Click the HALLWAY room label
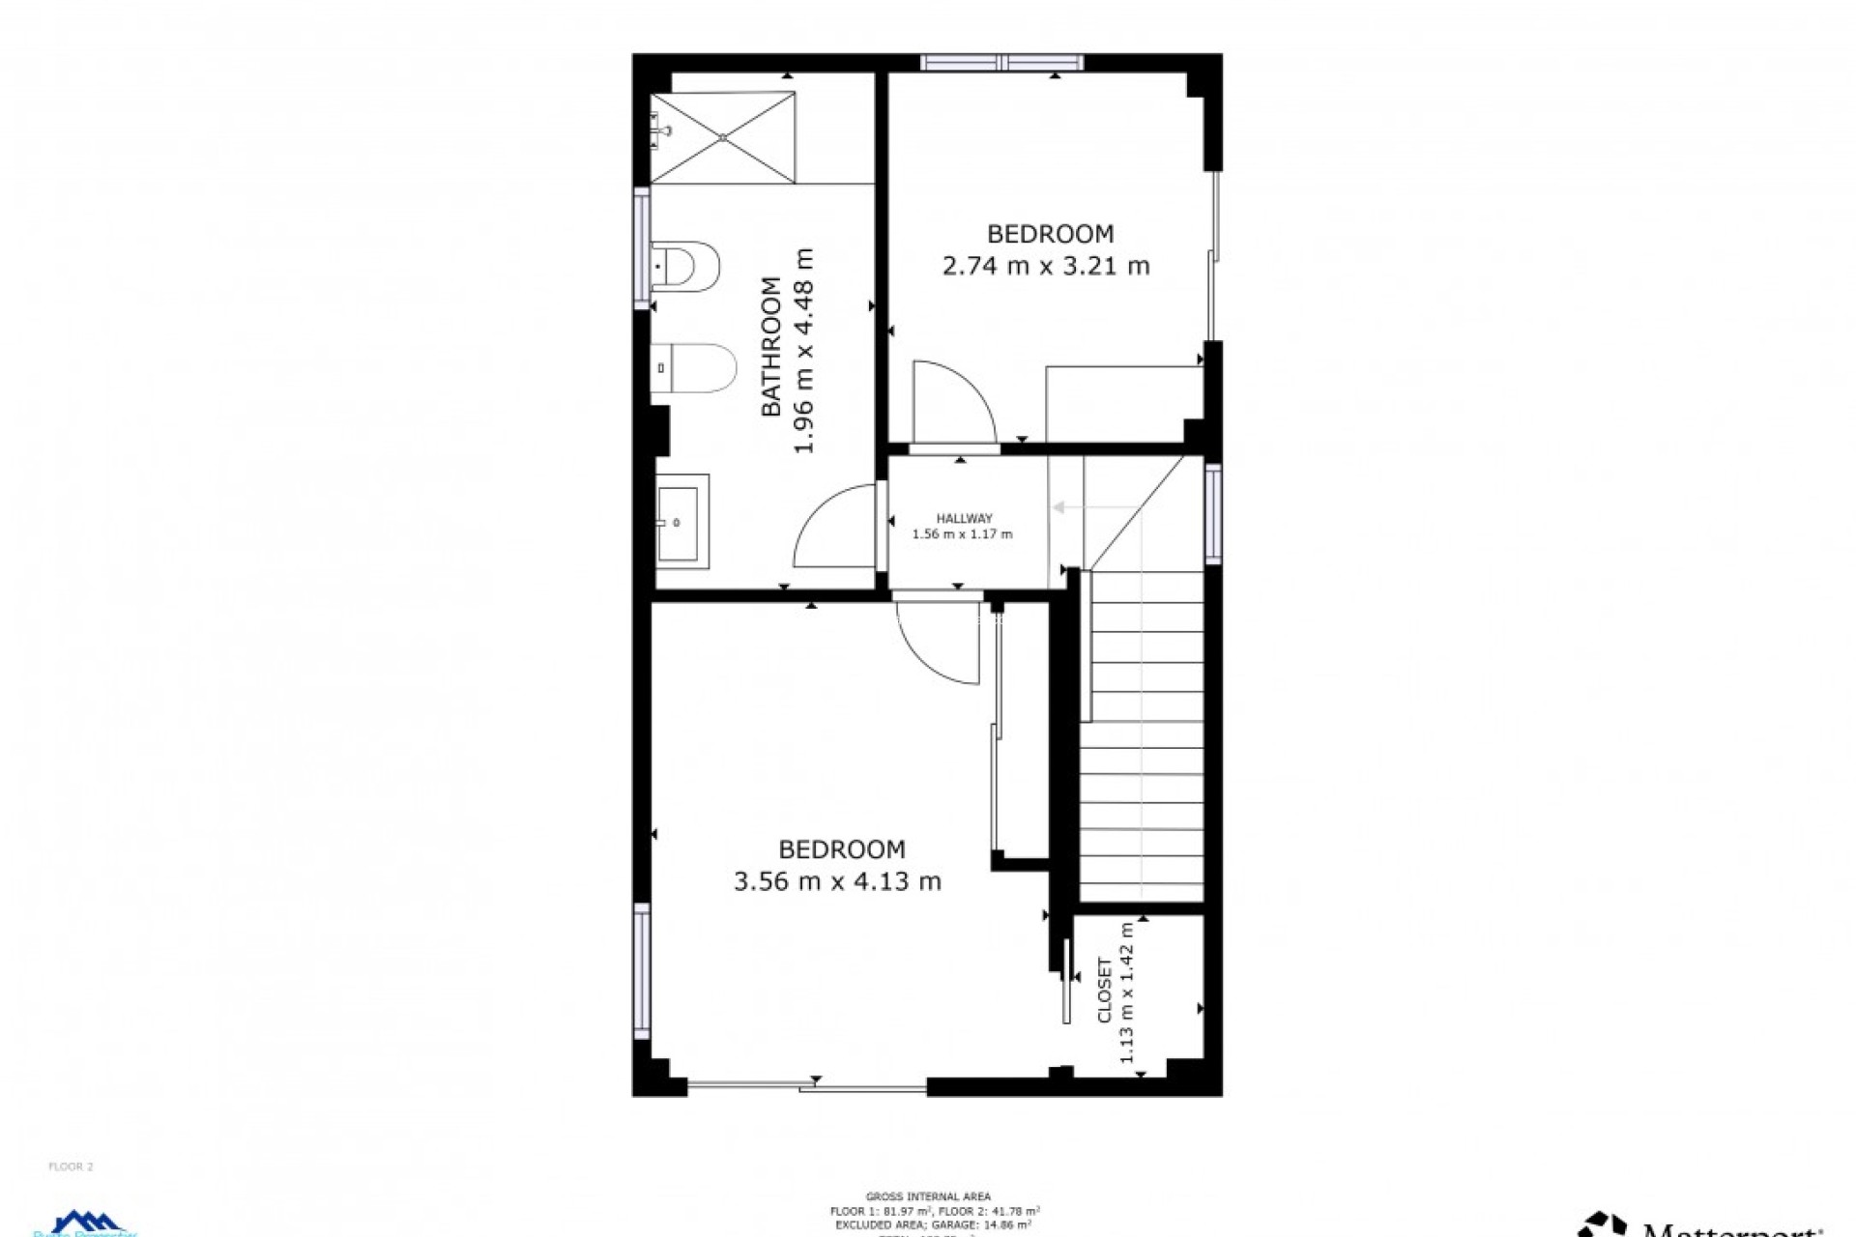(964, 519)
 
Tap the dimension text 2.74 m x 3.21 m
(1046, 266)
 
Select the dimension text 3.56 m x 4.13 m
(837, 881)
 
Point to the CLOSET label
(1105, 991)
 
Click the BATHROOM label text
(770, 347)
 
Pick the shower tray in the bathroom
(723, 137)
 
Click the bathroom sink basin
(682, 522)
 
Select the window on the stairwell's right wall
(1213, 513)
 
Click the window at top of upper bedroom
(1001, 63)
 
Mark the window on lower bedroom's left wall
(642, 971)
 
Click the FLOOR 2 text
(71, 1166)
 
